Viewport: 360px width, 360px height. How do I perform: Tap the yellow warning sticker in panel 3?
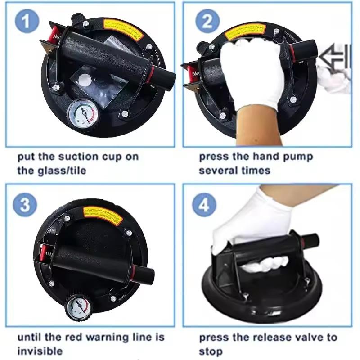(100, 215)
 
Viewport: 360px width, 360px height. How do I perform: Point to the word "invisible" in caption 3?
(40, 351)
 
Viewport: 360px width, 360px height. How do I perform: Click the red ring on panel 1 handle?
(153, 72)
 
